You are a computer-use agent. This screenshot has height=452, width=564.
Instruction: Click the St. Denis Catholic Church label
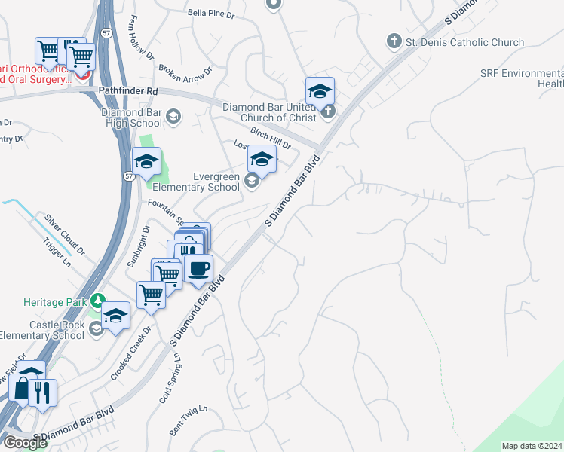tap(464, 42)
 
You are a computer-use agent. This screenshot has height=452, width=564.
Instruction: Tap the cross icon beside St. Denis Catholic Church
tap(393, 41)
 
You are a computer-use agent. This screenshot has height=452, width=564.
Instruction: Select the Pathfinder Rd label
tap(128, 90)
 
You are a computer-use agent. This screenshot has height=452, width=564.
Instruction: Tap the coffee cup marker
tap(198, 268)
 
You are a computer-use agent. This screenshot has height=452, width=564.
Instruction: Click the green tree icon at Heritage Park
tap(97, 301)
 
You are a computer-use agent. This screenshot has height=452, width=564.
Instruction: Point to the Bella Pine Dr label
tap(212, 13)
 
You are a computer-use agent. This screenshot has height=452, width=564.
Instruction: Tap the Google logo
tap(24, 443)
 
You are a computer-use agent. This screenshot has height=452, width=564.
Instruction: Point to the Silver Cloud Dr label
tap(65, 231)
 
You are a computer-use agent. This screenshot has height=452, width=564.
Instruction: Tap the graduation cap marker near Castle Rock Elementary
tap(116, 316)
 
